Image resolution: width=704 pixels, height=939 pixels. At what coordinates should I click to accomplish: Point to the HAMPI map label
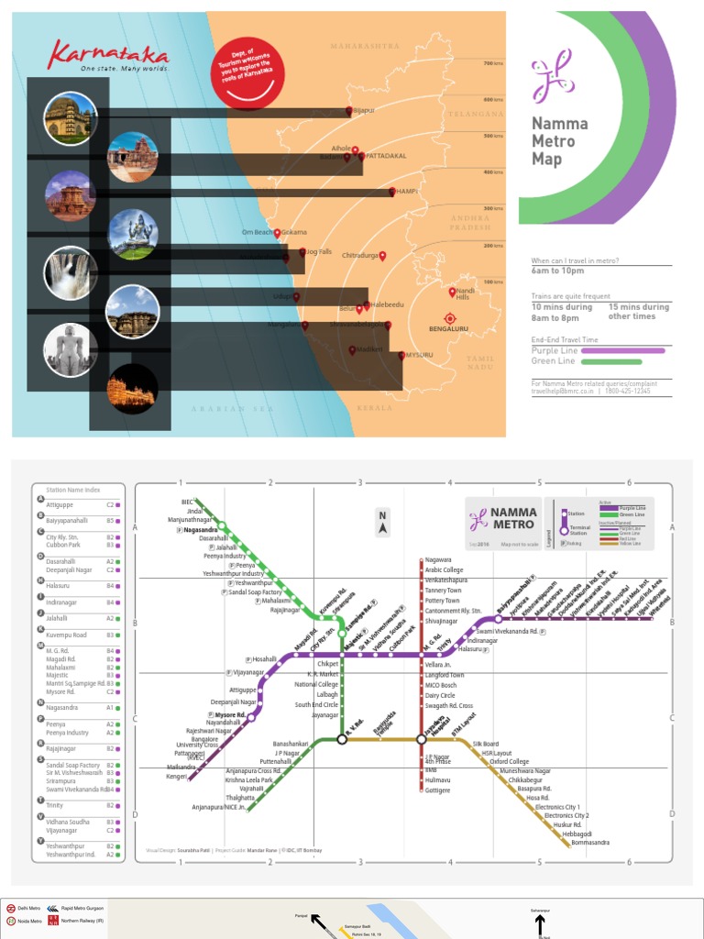tap(406, 192)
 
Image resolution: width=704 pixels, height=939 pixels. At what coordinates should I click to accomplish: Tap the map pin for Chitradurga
tap(383, 256)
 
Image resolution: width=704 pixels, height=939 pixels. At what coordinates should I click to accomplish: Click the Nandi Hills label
tap(463, 293)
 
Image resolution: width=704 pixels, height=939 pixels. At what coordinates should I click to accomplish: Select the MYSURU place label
tap(419, 355)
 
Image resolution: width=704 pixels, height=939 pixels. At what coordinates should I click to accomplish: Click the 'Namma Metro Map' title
tap(559, 141)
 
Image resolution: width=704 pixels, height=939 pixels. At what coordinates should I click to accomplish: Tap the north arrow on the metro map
tap(382, 524)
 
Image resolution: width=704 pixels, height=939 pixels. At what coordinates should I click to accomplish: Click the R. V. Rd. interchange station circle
tap(342, 738)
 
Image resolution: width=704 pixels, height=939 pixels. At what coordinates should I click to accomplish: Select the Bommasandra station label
tap(590, 842)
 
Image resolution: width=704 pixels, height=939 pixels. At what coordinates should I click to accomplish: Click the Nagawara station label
tap(438, 559)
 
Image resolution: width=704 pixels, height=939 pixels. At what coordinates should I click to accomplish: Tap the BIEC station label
tap(188, 502)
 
